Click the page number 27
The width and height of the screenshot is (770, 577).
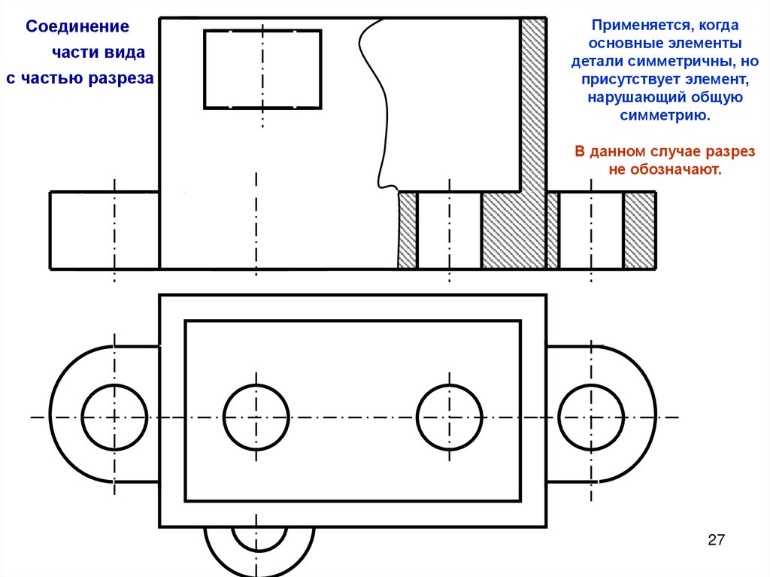pos(716,539)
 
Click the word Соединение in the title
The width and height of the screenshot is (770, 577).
pos(77,26)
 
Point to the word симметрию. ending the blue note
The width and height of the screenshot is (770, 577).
pos(665,116)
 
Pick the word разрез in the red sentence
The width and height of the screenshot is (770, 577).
pos(730,151)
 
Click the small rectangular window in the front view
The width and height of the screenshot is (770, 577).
pos(262,69)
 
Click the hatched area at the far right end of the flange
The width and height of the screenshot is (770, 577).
pos(639,230)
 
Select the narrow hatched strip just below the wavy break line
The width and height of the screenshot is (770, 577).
pos(407,230)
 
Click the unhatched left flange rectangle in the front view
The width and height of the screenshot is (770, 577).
pos(105,230)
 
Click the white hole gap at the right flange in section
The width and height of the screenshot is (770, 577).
pos(591,230)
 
